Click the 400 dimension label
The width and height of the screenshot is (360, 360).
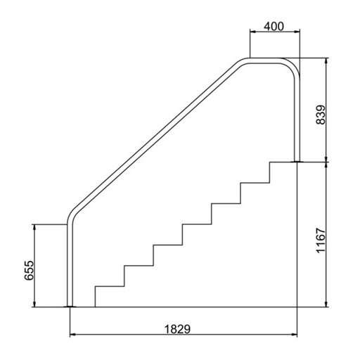point(274,27)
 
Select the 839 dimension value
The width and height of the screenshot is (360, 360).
point(321,115)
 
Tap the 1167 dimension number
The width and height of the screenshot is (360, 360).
point(321,240)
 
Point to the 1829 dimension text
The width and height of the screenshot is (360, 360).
point(177,329)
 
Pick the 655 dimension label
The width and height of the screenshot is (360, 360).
point(30,270)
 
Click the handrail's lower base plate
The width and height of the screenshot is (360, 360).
point(70,307)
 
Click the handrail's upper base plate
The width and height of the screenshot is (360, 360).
point(297,162)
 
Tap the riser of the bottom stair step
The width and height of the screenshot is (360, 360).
point(95,297)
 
